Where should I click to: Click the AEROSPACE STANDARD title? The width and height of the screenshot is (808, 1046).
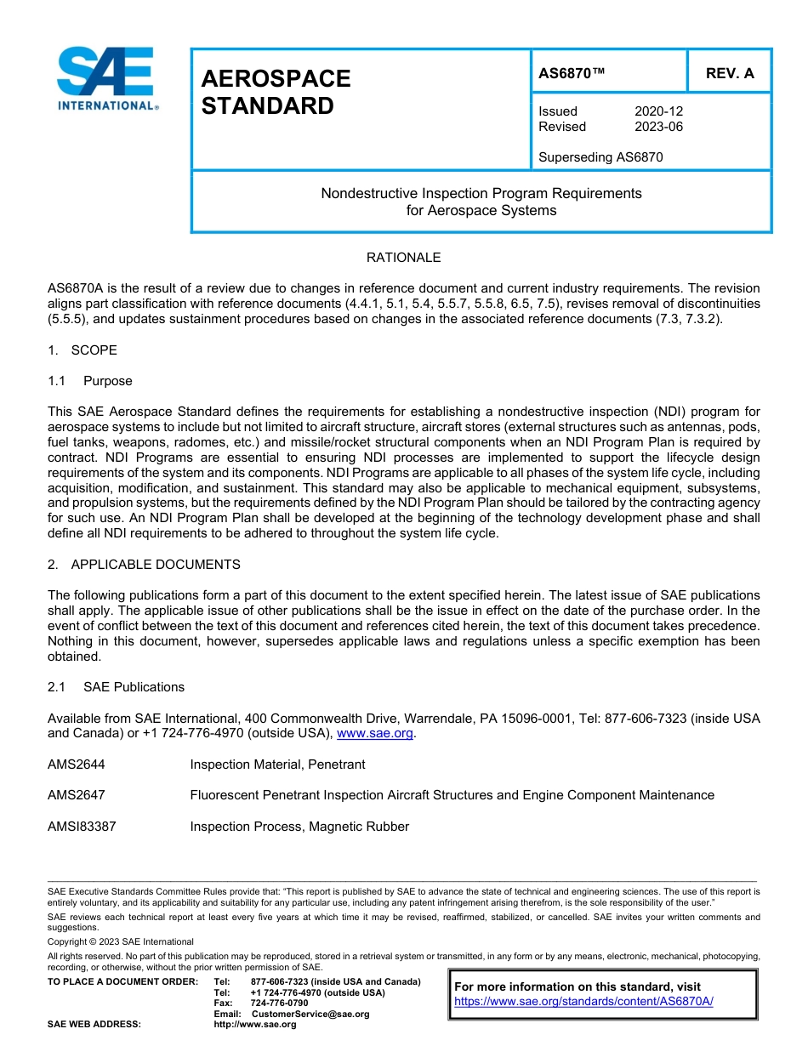[276, 92]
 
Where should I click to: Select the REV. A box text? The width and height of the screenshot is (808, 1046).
[729, 73]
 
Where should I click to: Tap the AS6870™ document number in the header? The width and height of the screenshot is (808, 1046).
[572, 73]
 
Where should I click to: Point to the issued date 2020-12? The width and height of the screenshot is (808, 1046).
[658, 111]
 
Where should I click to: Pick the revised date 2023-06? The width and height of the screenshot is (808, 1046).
[658, 127]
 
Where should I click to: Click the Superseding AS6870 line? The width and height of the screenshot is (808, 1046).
[600, 157]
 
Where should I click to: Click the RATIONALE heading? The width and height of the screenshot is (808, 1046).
[403, 258]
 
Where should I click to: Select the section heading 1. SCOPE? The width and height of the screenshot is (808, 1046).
[83, 350]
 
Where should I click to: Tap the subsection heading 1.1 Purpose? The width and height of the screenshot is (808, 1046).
[89, 381]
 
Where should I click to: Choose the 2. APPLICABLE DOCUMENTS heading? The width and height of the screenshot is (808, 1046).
[144, 565]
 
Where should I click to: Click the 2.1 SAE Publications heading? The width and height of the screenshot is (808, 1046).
[116, 687]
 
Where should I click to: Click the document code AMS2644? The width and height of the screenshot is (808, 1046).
[77, 765]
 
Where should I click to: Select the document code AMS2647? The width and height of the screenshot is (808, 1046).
[77, 795]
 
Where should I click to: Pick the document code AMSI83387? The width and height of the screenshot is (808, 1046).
[82, 827]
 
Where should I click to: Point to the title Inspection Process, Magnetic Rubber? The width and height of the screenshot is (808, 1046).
[299, 827]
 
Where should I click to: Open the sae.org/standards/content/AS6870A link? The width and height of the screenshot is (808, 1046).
[583, 1002]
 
